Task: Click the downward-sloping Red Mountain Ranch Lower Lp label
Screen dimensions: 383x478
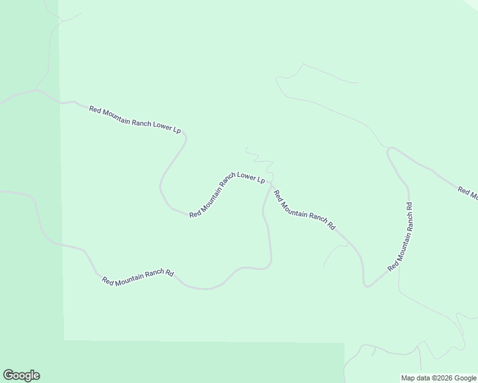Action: point(135,119)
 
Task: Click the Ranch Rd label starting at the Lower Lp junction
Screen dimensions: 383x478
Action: point(304,210)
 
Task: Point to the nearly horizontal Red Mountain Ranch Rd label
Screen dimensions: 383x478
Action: point(138,276)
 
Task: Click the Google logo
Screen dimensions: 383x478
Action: point(21,375)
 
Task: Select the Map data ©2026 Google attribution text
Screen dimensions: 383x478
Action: point(439,378)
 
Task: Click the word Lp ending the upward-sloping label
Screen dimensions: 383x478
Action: point(261,180)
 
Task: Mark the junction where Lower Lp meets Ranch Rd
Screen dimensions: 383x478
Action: point(270,184)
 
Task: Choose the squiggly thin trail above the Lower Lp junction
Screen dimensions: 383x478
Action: point(258,156)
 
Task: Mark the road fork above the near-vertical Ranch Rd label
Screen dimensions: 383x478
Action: point(390,149)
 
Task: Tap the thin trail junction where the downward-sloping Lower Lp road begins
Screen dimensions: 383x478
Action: point(36,90)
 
